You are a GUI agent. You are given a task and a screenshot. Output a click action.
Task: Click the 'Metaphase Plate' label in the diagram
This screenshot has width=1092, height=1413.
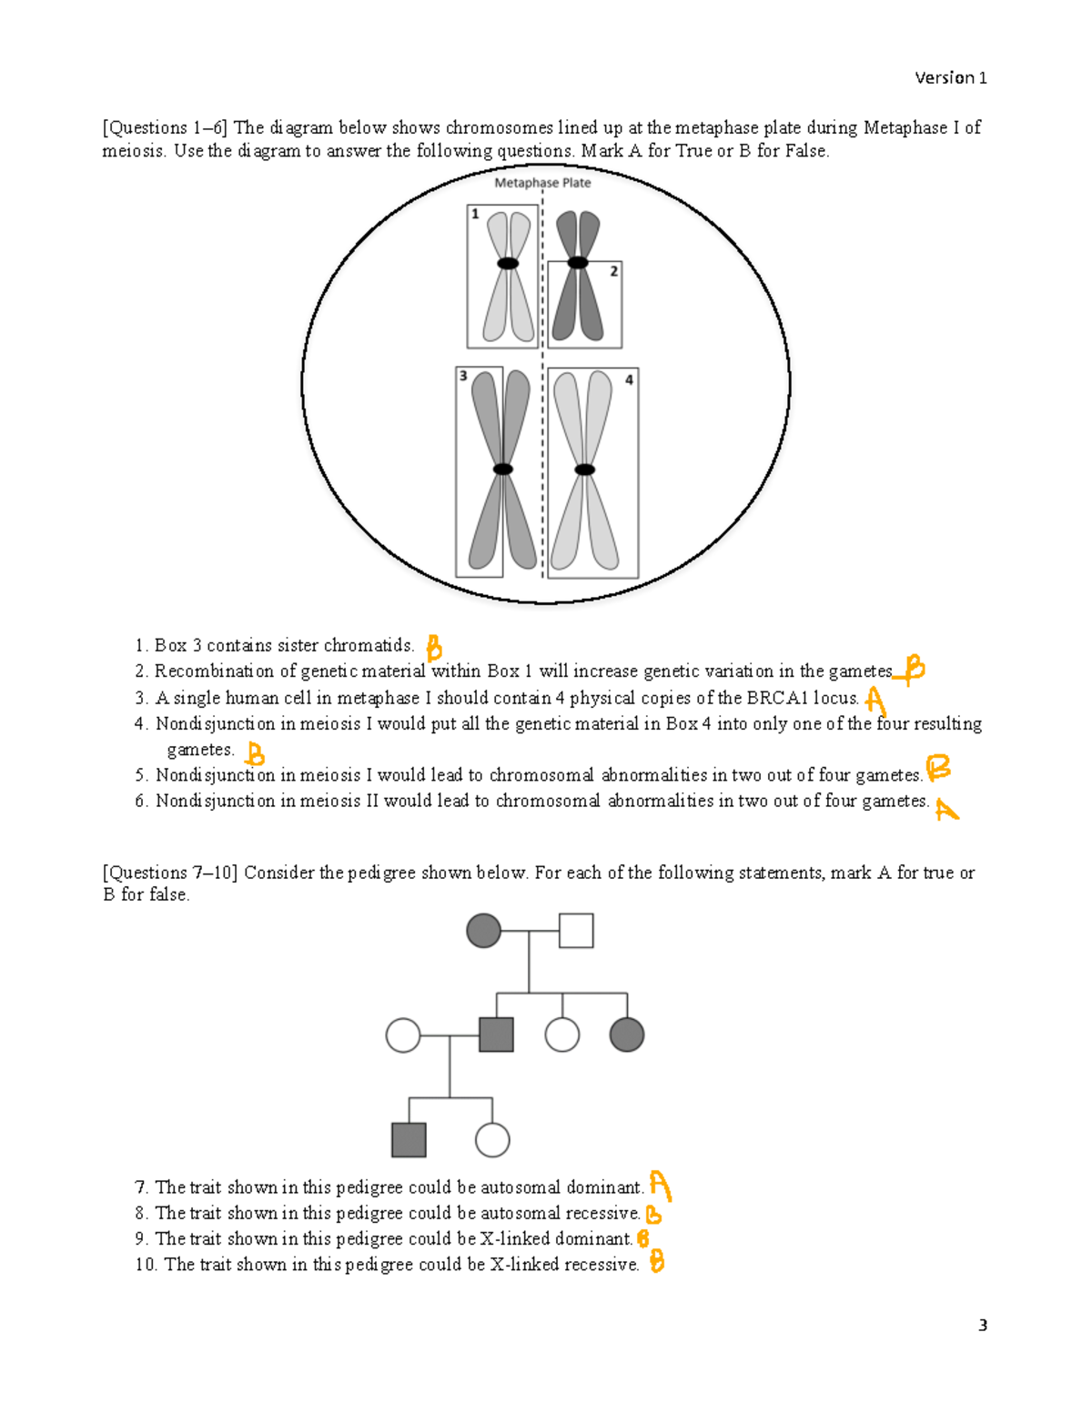pos(542,183)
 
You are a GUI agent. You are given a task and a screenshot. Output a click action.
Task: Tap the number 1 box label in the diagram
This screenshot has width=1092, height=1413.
pos(475,215)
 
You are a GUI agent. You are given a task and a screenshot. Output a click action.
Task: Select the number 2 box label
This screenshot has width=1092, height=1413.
pos(614,271)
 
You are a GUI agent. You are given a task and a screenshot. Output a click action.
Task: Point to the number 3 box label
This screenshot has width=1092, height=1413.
pos(463,376)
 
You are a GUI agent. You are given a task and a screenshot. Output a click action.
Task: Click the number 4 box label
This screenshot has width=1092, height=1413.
pos(629,379)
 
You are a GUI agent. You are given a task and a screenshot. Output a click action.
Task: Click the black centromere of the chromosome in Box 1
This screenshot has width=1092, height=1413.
pos(508,264)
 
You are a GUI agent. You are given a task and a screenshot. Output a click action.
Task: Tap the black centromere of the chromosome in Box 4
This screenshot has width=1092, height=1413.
pos(585,469)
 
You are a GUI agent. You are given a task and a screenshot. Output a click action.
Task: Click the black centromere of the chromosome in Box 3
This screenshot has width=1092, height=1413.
pos(503,469)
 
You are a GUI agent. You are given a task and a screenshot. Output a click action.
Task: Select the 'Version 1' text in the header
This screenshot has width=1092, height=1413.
pos(950,78)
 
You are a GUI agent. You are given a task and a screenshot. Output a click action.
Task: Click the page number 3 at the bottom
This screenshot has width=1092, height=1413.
pos(982,1326)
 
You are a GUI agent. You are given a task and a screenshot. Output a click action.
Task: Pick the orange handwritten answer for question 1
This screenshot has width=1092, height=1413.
pos(434,648)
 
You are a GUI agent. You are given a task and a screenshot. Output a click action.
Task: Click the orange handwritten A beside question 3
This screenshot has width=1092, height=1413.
pos(875,701)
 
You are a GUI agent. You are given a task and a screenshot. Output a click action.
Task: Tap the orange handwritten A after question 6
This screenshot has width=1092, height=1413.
pos(946,809)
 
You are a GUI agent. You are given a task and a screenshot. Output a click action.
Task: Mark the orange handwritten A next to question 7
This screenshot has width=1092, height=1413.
pos(660,1186)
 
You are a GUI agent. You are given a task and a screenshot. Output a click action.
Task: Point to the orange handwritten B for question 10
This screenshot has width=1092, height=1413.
pos(656,1262)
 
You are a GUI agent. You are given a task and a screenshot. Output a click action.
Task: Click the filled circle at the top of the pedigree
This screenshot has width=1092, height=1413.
pos(483,931)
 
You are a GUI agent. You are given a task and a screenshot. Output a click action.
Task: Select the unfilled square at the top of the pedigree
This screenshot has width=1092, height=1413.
pos(576,931)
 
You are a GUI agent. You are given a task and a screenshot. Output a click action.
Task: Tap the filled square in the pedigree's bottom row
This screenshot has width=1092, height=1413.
pos(409,1140)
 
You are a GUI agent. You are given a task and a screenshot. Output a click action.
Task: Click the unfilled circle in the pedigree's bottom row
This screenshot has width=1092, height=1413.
pos(492,1140)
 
